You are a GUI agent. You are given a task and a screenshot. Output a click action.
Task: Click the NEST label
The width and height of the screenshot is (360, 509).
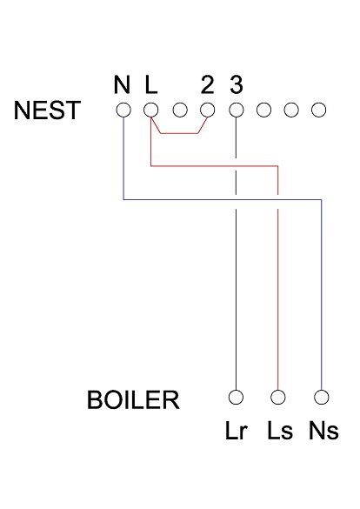[x=48, y=111]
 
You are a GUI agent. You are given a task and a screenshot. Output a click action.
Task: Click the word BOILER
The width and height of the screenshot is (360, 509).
[x=133, y=401]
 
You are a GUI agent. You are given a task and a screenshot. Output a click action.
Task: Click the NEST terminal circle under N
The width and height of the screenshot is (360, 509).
[x=123, y=111]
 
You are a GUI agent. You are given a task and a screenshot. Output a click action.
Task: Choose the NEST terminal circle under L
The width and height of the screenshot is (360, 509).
[x=150, y=111]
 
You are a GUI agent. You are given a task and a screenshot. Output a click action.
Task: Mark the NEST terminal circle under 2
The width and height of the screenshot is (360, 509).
[x=207, y=111]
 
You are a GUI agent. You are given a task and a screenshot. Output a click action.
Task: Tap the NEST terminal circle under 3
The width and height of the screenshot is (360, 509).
[x=236, y=111]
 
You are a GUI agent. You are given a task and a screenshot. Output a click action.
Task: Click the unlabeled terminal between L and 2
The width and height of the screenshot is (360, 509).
[x=179, y=111]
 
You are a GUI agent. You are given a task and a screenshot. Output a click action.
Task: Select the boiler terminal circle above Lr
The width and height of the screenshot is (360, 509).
[x=236, y=397]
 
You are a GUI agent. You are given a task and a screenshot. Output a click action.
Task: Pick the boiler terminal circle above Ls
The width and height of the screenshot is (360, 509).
[x=278, y=397]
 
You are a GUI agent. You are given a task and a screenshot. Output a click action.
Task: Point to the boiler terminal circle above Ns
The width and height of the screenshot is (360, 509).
[x=323, y=397]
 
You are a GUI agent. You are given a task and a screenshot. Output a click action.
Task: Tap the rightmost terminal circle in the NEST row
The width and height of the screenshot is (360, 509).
[x=319, y=111]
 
